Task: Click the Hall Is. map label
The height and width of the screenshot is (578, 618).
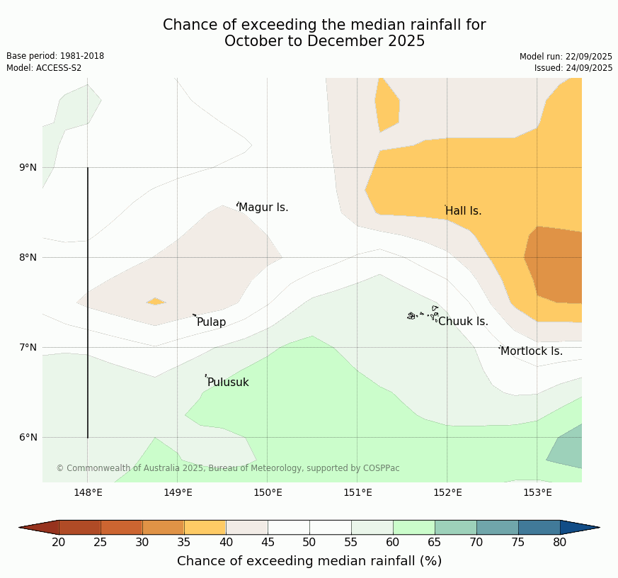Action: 463,211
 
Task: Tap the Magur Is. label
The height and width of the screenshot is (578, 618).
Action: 263,208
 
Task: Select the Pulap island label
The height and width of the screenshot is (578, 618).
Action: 211,322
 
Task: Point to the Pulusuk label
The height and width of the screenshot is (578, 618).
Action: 228,382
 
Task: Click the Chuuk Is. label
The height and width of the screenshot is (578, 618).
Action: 463,322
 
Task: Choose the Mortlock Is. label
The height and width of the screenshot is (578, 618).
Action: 531,351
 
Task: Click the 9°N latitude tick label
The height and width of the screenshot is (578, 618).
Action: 28,168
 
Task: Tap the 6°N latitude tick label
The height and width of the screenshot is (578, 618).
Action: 28,437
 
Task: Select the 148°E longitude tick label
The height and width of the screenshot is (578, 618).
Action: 88,493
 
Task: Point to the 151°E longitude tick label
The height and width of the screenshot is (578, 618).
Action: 357,493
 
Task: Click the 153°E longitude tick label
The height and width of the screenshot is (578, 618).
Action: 537,493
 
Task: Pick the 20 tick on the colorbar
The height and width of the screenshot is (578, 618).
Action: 59,543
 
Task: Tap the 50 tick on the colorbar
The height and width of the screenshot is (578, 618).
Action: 309,543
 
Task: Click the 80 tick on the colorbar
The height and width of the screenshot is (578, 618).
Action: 560,543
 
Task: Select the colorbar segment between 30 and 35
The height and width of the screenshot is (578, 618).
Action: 164,527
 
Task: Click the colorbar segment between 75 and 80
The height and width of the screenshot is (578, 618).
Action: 539,527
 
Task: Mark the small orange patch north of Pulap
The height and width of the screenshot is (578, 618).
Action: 156,302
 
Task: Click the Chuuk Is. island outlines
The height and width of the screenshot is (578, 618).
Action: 423,314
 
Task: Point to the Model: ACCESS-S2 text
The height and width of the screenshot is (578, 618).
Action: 44,68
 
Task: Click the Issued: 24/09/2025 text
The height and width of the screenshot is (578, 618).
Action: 573,68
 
